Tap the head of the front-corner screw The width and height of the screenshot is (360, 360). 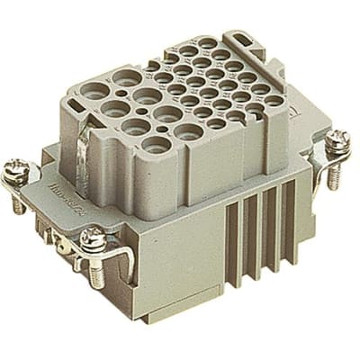92,239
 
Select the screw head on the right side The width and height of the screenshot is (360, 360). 337,139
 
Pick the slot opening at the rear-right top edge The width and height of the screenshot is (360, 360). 243,40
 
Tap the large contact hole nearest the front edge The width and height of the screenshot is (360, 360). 155,143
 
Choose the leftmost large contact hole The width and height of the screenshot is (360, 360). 114,108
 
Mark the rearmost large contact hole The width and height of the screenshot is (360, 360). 123,79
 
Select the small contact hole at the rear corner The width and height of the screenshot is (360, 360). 208,42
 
